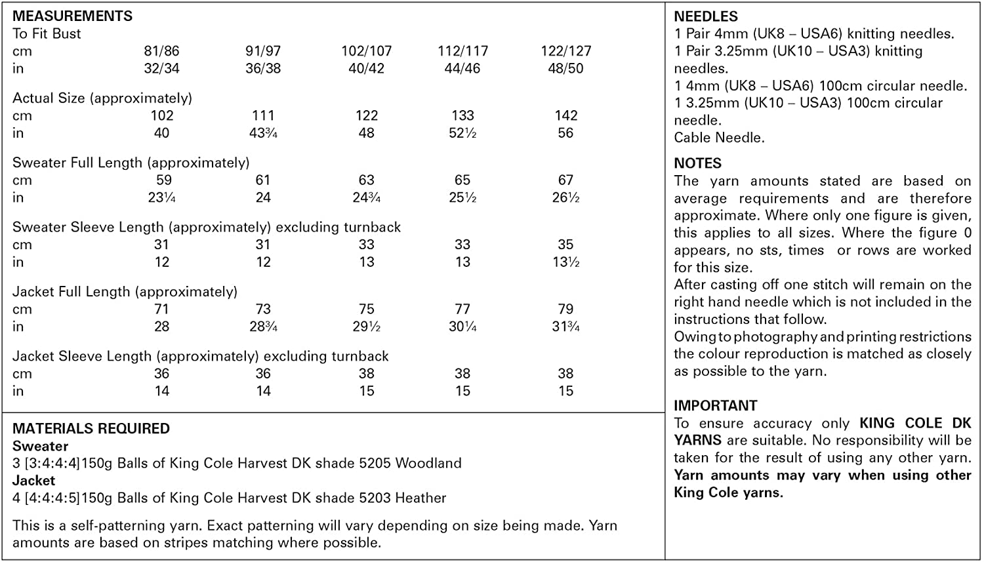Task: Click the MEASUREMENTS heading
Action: coord(72,16)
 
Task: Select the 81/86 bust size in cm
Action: coord(161,51)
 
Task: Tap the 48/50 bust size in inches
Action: coord(565,68)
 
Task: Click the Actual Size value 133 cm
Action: coord(462,115)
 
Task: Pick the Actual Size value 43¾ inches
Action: coord(263,133)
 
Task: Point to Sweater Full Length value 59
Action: coord(163,180)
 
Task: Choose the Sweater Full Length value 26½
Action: coord(565,197)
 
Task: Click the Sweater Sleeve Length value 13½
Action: coord(565,262)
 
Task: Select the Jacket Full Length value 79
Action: coord(565,309)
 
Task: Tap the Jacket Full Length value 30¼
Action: coord(462,327)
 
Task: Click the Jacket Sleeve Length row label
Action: coord(200,356)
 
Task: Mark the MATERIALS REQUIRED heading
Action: coord(91,428)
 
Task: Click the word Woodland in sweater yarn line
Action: coord(428,463)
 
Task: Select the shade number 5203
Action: coord(377,498)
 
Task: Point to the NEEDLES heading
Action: coord(706,16)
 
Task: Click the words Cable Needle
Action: coord(719,138)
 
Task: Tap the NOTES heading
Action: coord(697,163)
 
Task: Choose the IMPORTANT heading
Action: coord(715,405)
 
